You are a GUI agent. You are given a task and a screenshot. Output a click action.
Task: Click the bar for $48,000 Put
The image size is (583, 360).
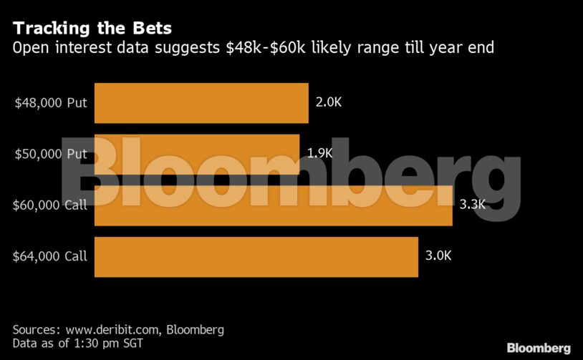point(201,102)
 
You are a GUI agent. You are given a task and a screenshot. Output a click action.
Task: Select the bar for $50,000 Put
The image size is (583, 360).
point(197,154)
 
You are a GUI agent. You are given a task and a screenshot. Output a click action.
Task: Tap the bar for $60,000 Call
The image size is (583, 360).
point(273,205)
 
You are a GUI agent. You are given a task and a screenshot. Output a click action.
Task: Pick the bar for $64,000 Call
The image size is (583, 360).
point(256,256)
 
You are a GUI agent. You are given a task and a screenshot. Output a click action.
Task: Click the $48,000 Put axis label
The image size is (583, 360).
point(51,102)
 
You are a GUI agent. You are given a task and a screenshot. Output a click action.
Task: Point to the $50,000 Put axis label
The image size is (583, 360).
point(51,154)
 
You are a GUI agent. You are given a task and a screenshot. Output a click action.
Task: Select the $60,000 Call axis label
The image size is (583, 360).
point(49,205)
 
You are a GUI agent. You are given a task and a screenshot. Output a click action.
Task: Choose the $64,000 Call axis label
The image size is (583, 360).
point(49,256)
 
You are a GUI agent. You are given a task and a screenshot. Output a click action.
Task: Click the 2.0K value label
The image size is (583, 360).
point(329,102)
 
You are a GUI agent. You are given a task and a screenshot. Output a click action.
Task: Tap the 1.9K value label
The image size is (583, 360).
point(319,153)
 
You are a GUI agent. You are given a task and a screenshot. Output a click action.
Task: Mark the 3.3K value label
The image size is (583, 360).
point(473,205)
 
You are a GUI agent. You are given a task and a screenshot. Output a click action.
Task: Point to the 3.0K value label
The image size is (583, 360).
point(438,256)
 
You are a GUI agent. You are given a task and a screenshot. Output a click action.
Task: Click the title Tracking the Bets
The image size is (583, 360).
point(92,29)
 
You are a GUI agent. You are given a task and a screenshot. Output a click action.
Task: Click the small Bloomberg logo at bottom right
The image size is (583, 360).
point(539,348)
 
